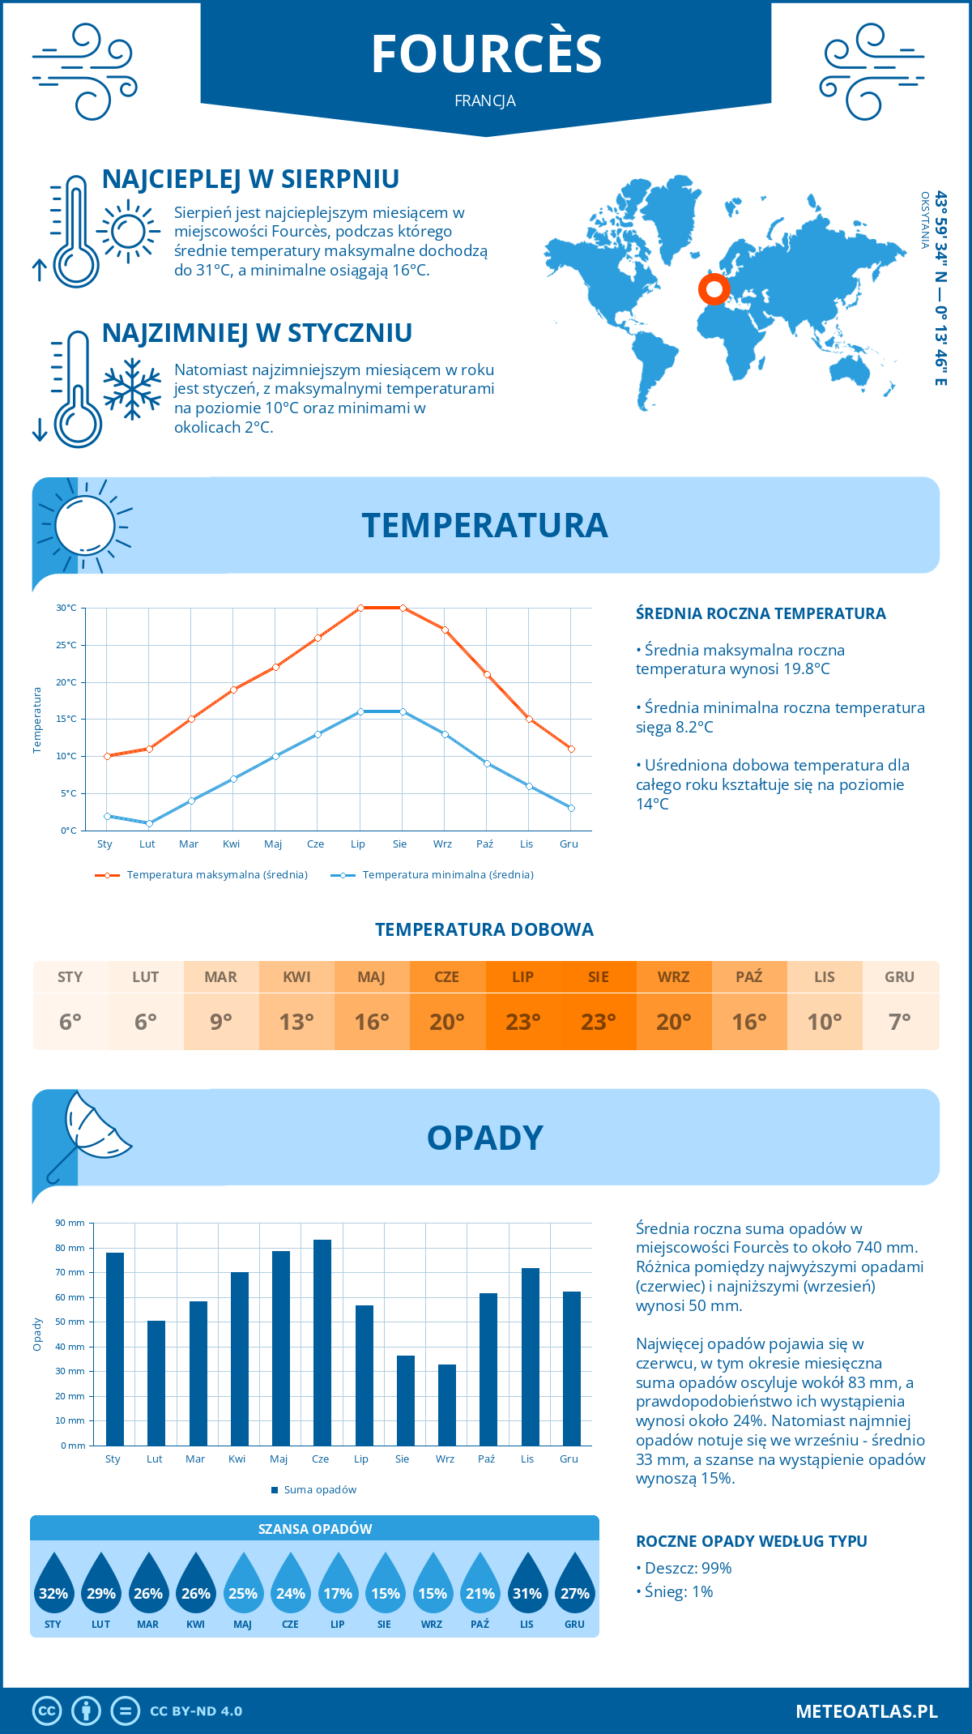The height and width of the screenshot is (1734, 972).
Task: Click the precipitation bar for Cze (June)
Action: click(x=322, y=1343)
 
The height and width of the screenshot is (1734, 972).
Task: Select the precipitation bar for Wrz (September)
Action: click(x=447, y=1405)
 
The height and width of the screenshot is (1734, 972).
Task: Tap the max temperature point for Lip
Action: click(x=360, y=608)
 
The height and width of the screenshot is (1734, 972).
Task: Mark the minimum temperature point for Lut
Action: click(x=149, y=823)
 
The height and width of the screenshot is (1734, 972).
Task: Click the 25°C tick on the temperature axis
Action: click(x=66, y=645)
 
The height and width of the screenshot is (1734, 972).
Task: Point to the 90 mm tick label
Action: click(x=70, y=1223)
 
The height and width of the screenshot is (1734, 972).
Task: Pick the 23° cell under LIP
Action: click(x=523, y=1022)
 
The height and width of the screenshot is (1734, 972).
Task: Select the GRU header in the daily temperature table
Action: click(x=900, y=976)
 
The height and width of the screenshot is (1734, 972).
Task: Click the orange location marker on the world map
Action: click(x=714, y=288)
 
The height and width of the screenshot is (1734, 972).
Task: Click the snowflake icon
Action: click(x=132, y=389)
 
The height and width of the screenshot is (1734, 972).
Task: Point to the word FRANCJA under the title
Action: click(x=485, y=101)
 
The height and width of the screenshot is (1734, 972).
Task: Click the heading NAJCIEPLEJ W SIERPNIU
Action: click(x=250, y=179)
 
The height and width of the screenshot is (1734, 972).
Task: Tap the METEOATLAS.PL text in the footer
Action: click(x=867, y=1711)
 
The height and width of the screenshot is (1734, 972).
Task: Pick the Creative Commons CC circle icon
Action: click(x=47, y=1711)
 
